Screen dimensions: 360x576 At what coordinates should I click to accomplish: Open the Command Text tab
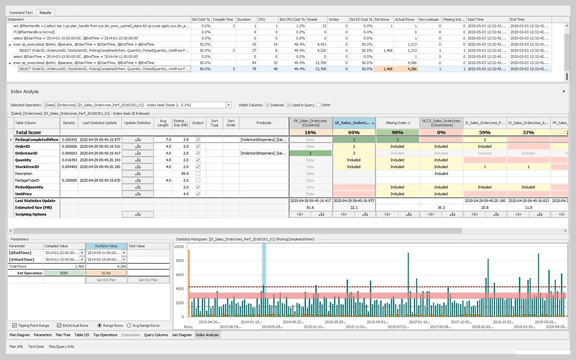tap(21, 11)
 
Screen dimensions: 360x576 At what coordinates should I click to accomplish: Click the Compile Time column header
tap(223, 19)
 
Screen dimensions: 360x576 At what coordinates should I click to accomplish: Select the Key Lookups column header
tap(429, 19)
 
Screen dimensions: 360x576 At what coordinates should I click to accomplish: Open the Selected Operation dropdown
tap(228, 105)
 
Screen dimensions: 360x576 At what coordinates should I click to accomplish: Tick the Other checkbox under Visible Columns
tap(318, 105)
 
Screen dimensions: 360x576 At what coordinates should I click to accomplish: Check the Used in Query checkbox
tap(289, 105)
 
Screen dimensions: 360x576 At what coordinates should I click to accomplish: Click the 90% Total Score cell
tap(398, 132)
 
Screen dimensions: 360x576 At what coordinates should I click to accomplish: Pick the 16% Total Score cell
tap(310, 132)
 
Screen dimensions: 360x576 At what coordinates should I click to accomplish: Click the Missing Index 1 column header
tap(398, 122)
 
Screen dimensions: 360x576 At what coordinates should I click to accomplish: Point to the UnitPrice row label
tap(24, 193)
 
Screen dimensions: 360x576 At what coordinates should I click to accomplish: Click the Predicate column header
tap(263, 122)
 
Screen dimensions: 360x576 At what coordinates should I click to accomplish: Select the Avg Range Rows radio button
tap(129, 325)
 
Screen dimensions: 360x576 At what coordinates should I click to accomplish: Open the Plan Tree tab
tap(63, 335)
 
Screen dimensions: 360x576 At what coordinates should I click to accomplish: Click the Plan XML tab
tap(16, 346)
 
